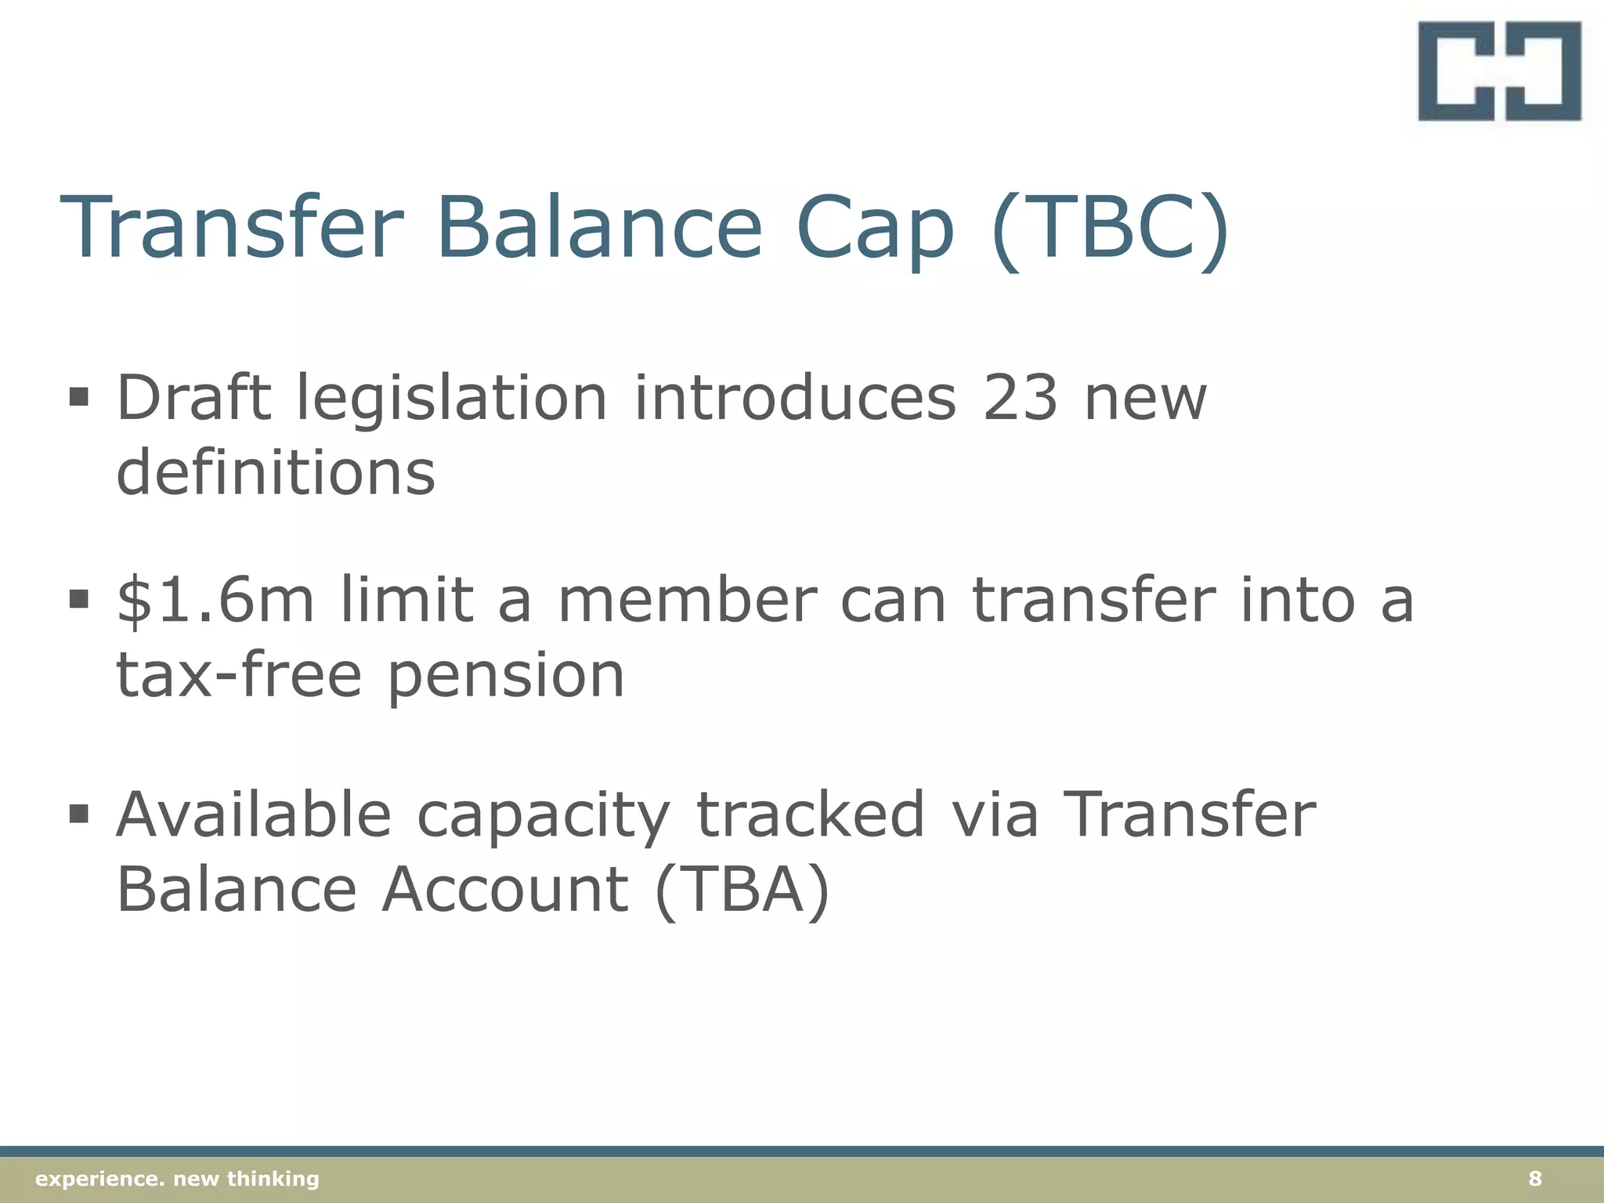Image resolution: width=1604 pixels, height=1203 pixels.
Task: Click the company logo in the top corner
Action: [1499, 71]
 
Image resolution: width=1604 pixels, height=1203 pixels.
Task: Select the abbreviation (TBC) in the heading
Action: [1109, 229]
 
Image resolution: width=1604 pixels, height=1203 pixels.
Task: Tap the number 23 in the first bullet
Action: [1020, 398]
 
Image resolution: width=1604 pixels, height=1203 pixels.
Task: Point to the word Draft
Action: [193, 398]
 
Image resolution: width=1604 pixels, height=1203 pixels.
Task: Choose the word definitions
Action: [276, 472]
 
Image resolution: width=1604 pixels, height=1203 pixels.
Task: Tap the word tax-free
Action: [239, 675]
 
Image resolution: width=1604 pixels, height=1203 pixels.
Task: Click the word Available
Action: [254, 815]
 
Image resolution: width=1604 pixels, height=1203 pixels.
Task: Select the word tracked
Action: [811, 815]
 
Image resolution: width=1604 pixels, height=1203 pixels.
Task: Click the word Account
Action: [505, 890]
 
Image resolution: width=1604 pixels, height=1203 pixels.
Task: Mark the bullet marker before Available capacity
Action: [78, 814]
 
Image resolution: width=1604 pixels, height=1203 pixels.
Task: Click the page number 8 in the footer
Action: [1534, 1179]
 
